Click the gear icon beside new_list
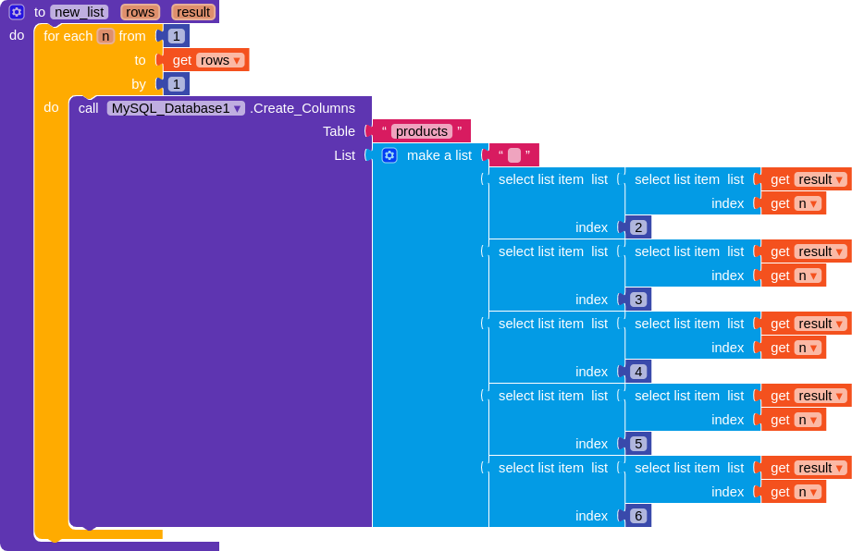(x=17, y=12)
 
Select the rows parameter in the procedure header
(x=141, y=12)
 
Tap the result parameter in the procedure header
(x=193, y=12)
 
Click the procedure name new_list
(x=80, y=12)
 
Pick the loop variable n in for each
(x=105, y=36)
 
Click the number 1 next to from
(x=176, y=36)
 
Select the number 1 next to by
(x=176, y=84)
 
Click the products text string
(x=422, y=131)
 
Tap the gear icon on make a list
(x=389, y=155)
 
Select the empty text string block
(x=514, y=155)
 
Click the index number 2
(x=638, y=227)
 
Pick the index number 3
(x=638, y=300)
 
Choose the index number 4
(x=638, y=372)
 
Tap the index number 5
(x=638, y=444)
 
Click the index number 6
(x=638, y=516)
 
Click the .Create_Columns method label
(x=303, y=108)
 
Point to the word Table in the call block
(x=339, y=131)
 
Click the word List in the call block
(x=344, y=155)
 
